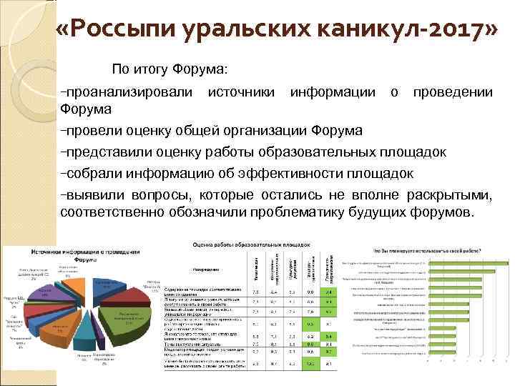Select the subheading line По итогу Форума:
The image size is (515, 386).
[x=169, y=70]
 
